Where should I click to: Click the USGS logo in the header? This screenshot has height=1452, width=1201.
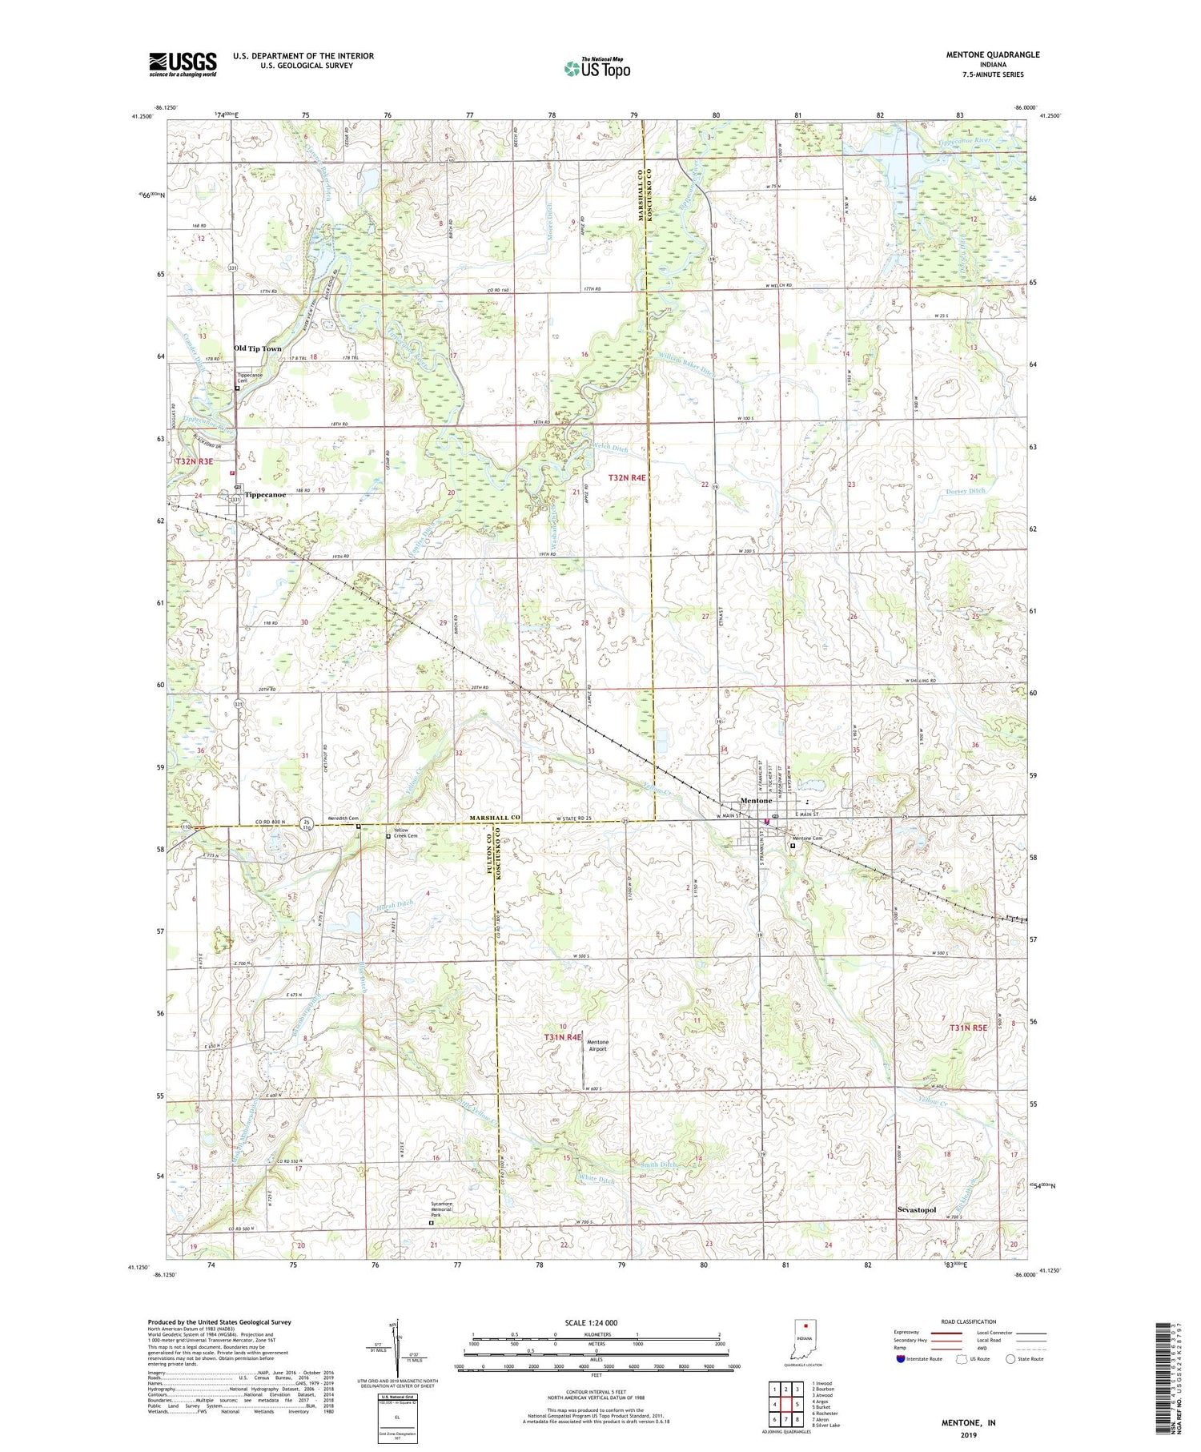pyautogui.click(x=183, y=64)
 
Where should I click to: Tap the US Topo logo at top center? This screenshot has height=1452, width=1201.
pyautogui.click(x=596, y=69)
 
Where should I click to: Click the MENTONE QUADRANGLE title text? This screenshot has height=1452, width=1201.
pyautogui.click(x=991, y=54)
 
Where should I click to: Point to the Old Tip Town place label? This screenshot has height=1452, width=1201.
pyautogui.click(x=258, y=348)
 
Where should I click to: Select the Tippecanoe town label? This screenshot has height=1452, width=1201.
pyautogui.click(x=265, y=494)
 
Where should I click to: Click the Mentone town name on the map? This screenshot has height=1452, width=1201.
pyautogui.click(x=757, y=800)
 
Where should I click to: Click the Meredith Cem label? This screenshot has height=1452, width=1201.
pyautogui.click(x=342, y=818)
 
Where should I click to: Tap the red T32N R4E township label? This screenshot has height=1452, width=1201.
pyautogui.click(x=626, y=477)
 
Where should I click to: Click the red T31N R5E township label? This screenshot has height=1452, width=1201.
pyautogui.click(x=969, y=1027)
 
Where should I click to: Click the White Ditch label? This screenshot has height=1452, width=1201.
pyautogui.click(x=596, y=1180)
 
